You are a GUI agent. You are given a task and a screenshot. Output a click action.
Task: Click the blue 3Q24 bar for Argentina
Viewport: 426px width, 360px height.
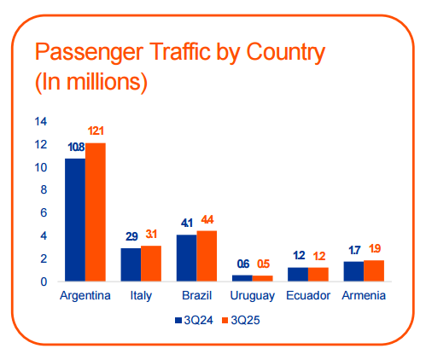point(74,220)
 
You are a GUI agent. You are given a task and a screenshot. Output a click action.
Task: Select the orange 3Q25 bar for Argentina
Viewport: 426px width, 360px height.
point(95,212)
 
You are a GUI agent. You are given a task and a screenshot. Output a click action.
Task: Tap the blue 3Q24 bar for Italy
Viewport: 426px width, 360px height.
point(130,264)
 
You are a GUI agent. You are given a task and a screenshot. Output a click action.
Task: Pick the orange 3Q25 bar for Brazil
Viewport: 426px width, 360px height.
point(207,256)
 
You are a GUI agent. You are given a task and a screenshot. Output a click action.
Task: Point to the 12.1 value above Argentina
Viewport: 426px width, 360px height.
point(96,131)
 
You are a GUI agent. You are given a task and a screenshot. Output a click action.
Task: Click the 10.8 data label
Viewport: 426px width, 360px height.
point(76,147)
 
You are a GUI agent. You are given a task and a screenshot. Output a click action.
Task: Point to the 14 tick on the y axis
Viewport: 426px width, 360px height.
point(40,121)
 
